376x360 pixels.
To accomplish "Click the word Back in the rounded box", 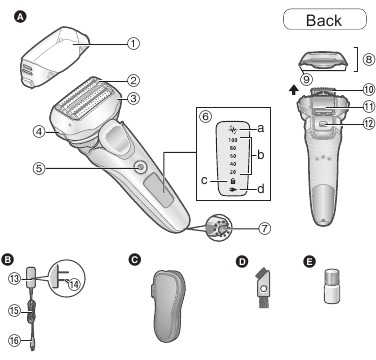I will tap(323, 20).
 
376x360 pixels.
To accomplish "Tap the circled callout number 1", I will tap(134, 43).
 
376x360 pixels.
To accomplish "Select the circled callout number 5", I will tap(38, 169).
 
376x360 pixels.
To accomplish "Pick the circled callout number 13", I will tap(14, 277).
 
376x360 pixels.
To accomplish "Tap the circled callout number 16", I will tap(14, 341).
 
